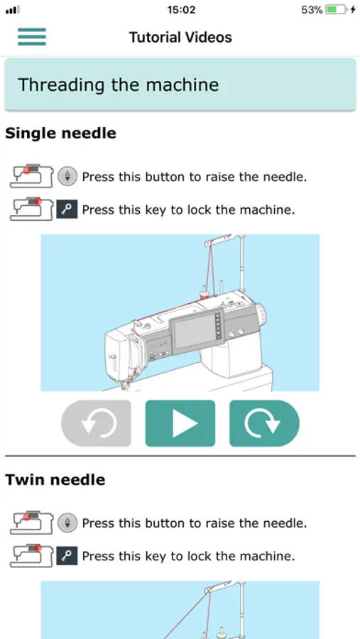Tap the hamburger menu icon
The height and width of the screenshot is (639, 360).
[32, 37]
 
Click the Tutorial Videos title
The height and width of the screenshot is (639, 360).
[180, 38]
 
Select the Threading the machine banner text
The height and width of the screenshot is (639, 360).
[119, 84]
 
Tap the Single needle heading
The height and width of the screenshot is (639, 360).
[61, 133]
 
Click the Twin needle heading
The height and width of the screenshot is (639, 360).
[55, 480]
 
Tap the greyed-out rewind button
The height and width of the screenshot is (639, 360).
[97, 423]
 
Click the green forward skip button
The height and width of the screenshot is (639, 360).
[264, 423]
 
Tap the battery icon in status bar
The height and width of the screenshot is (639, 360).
[337, 9]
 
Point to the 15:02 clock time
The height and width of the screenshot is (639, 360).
[182, 10]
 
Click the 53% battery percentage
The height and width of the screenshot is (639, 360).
[312, 10]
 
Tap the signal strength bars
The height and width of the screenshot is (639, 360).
[13, 10]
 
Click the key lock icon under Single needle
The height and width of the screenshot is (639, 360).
[67, 209]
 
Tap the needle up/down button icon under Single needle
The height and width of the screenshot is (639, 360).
[67, 177]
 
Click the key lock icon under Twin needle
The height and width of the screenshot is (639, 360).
[67, 556]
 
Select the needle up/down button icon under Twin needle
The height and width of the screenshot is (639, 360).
[67, 523]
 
